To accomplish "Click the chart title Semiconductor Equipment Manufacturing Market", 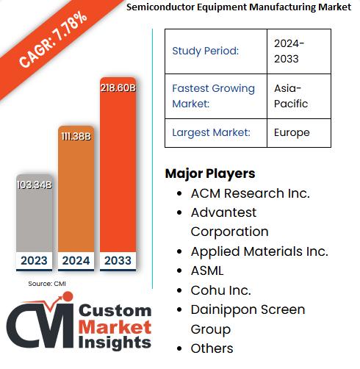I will tap(228, 8).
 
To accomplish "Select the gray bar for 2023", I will tap(35, 221).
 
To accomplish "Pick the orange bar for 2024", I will tap(76, 198).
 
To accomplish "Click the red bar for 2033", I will tap(118, 176).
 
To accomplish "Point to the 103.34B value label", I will tap(35, 184).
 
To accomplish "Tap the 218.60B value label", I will tap(118, 87).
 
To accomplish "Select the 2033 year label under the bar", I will tap(118, 259).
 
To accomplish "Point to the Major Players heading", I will tap(210, 173).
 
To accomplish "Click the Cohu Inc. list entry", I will tap(220, 290).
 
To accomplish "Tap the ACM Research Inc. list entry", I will tap(250, 193).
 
